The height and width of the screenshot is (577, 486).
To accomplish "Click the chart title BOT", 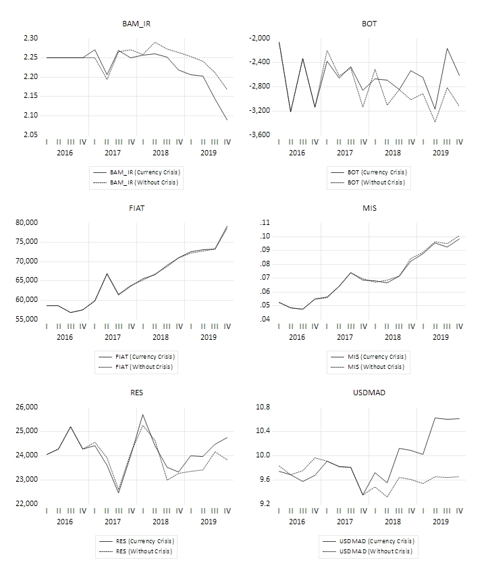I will tap(369, 24).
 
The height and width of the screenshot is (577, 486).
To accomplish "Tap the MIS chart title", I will tap(369, 208).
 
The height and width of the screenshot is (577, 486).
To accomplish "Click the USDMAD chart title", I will tap(369, 393).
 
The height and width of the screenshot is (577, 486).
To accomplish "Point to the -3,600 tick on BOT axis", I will tap(260, 134).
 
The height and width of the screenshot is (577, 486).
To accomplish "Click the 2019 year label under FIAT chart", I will tap(209, 337).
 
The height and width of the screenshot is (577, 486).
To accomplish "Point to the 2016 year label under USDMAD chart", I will tap(297, 522).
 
